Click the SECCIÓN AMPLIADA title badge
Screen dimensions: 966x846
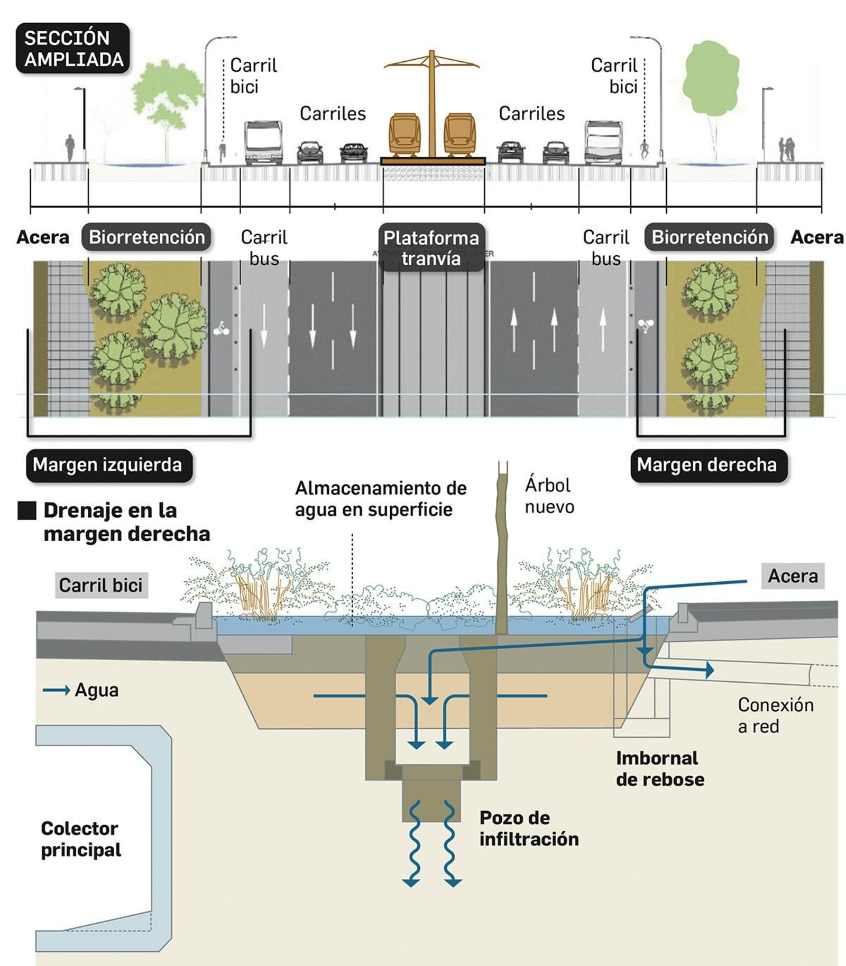[x=73, y=48]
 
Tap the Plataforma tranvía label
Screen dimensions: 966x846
[x=431, y=248]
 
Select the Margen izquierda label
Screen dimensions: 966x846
[x=108, y=465]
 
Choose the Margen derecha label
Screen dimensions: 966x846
[x=707, y=465]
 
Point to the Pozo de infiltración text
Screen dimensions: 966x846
[x=529, y=828]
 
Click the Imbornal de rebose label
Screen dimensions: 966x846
[x=659, y=768]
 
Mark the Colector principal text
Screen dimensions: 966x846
[x=80, y=839]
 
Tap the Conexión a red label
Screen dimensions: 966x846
[x=775, y=715]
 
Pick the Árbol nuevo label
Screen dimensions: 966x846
[x=549, y=496]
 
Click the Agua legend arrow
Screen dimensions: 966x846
[x=56, y=690]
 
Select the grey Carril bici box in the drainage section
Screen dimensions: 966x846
[x=101, y=585]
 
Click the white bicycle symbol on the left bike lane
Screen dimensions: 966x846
[x=222, y=329]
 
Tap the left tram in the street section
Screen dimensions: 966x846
[x=405, y=134]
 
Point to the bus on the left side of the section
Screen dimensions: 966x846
[x=263, y=143]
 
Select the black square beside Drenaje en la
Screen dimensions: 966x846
[x=27, y=510]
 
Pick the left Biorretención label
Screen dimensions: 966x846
[x=146, y=237]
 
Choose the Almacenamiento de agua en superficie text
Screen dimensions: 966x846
[x=381, y=498]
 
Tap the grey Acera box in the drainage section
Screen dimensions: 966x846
[x=793, y=575]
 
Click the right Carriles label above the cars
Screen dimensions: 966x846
[x=531, y=114]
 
